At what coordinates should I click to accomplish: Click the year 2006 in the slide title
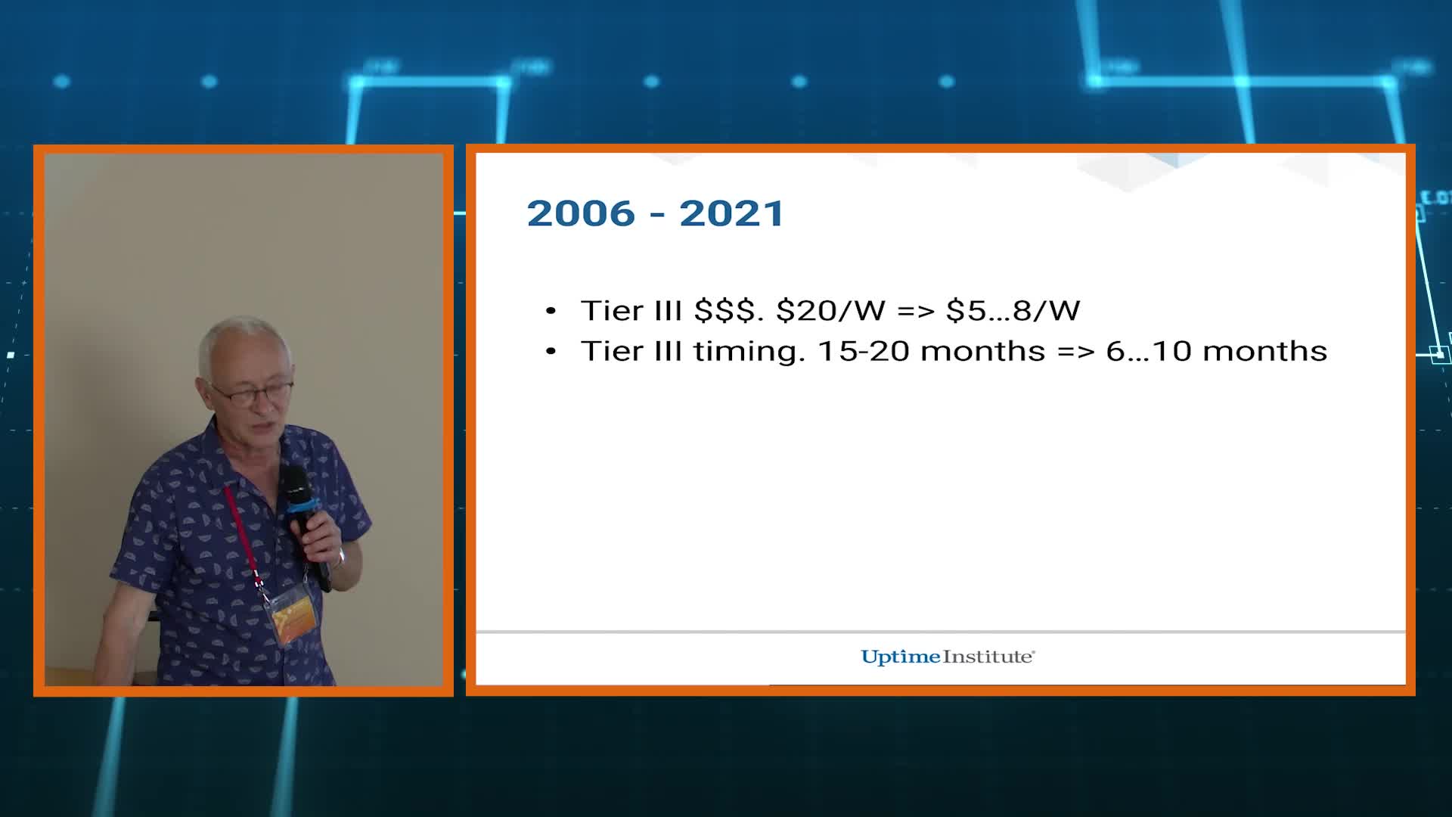click(581, 213)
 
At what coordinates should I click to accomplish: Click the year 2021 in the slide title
click(731, 213)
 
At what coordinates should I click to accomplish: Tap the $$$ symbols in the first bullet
click(724, 310)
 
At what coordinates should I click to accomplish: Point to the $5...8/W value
click(1013, 310)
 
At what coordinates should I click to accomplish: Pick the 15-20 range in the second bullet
click(864, 351)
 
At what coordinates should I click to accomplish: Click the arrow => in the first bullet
click(916, 310)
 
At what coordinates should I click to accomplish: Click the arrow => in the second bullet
click(1075, 351)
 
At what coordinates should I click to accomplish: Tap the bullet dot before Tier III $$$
click(551, 311)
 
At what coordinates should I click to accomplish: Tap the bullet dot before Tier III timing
click(551, 352)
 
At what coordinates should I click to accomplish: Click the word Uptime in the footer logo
click(901, 657)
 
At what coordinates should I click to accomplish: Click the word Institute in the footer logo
click(988, 657)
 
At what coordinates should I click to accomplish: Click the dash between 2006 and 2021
click(657, 216)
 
